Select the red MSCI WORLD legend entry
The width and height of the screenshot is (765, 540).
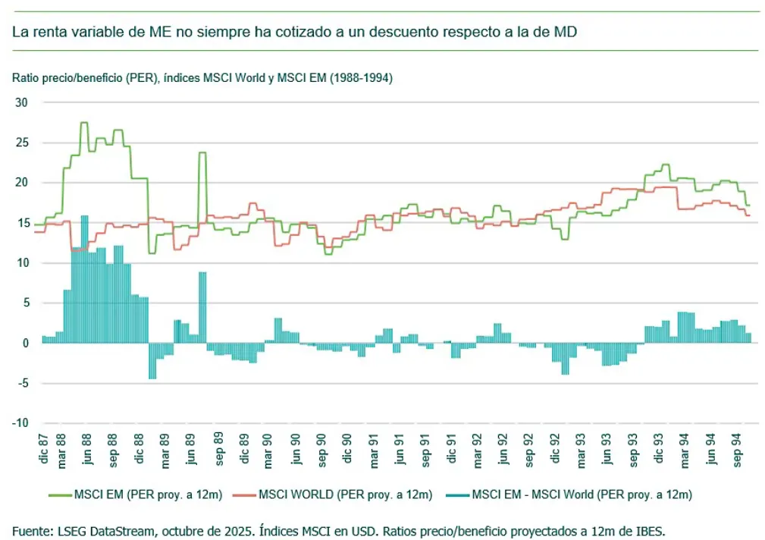pos(340,495)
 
